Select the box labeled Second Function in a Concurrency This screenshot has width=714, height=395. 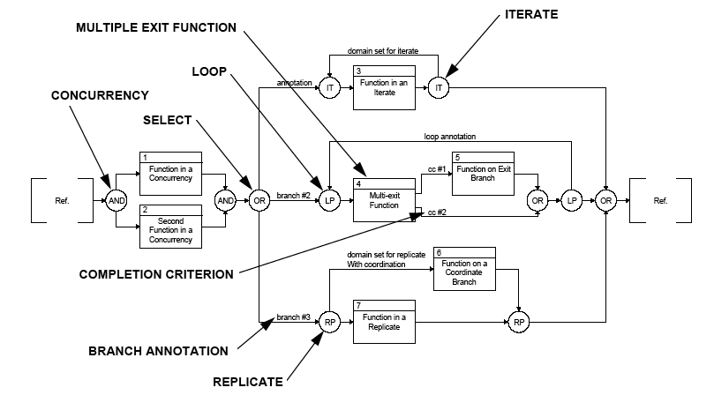pyautogui.click(x=170, y=225)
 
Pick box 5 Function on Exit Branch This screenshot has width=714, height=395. pyautogui.click(x=484, y=173)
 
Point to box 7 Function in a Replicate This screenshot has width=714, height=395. pyautogui.click(x=383, y=323)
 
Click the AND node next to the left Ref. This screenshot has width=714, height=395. pyautogui.click(x=116, y=200)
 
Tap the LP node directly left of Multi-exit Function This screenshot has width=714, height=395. pyautogui.click(x=329, y=200)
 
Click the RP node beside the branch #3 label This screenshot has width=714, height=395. pyautogui.click(x=329, y=323)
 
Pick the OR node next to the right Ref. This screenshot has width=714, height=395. pyautogui.click(x=605, y=200)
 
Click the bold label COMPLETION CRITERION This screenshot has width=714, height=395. pyautogui.click(x=155, y=274)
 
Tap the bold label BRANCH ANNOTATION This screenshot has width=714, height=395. pyautogui.click(x=158, y=351)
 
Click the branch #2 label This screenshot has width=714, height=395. pyautogui.click(x=292, y=195)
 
